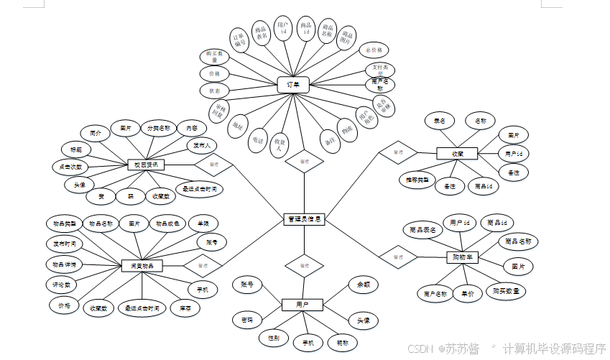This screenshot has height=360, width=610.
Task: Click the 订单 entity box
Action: [293, 85]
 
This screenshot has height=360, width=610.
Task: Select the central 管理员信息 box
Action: [304, 218]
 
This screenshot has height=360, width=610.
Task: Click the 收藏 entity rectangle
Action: [457, 153]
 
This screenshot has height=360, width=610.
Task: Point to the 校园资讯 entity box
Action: [146, 165]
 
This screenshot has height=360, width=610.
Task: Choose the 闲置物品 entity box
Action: [142, 265]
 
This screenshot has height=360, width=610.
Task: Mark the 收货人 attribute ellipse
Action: [280, 143]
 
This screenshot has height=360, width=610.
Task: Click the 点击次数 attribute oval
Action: [70, 167]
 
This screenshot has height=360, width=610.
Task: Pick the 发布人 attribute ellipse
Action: [203, 146]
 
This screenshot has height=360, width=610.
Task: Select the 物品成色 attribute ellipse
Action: [167, 223]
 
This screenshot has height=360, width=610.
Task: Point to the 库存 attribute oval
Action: [185, 308]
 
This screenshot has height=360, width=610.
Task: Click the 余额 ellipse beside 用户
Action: [363, 285]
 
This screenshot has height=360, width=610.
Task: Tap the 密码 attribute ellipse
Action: [248, 318]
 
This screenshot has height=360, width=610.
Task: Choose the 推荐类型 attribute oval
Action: [417, 179]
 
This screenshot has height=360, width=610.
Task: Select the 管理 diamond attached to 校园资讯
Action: [213, 164]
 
